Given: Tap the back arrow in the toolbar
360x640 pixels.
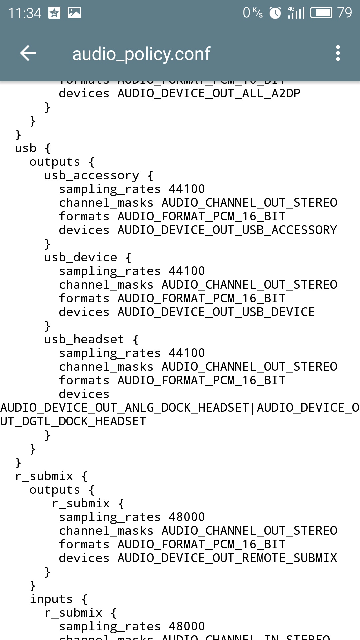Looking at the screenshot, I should click(28, 53).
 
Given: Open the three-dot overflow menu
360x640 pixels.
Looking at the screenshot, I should click(338, 53).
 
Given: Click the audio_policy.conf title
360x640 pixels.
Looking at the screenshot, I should click(141, 54).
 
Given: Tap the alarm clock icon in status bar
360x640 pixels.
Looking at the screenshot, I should click(275, 13).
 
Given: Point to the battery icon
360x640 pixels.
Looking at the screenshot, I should click(321, 13).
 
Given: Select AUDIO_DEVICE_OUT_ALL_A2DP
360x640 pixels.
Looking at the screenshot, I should click(209, 93).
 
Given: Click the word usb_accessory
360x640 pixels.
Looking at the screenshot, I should click(92, 175).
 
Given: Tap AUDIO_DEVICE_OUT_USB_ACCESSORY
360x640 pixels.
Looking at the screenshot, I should click(227, 230).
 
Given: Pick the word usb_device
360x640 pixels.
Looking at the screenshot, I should click(81, 257).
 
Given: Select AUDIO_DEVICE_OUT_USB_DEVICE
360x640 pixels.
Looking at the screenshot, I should click(216, 312).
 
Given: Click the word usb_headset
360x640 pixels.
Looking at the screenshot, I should click(84, 339).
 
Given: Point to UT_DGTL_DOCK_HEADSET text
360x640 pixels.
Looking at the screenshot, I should click(73, 421).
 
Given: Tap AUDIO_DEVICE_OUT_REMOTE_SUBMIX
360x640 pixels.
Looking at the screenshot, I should click(227, 558).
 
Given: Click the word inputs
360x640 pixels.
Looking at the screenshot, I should click(51, 599).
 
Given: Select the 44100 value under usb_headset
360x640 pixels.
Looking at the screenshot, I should click(187, 353).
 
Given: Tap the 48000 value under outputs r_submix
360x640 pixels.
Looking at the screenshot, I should click(187, 517).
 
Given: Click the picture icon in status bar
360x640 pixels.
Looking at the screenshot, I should click(74, 13).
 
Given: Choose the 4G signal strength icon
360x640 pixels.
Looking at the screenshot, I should click(296, 13).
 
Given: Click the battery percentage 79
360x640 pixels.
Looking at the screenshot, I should click(344, 13).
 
